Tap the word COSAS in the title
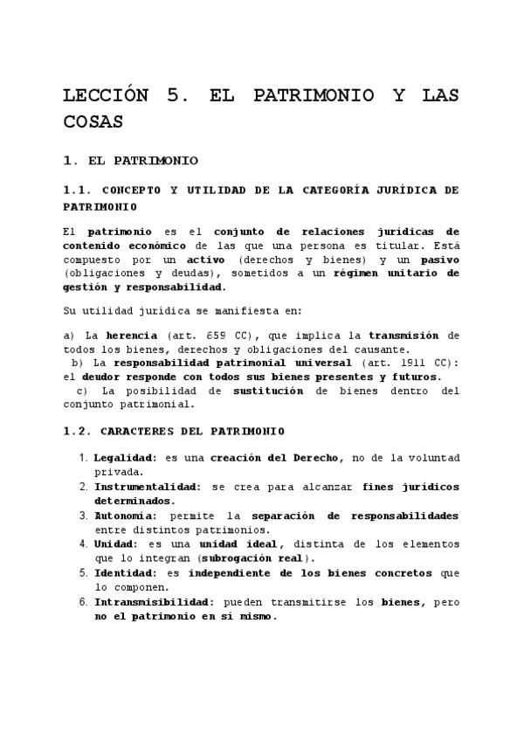(x=93, y=121)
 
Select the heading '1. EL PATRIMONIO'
(x=131, y=161)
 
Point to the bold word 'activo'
(x=205, y=260)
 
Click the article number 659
(x=218, y=335)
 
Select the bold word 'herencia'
(x=131, y=335)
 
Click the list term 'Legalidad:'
(x=125, y=458)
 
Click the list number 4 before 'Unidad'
(x=84, y=544)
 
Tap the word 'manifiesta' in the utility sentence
(x=215, y=310)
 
